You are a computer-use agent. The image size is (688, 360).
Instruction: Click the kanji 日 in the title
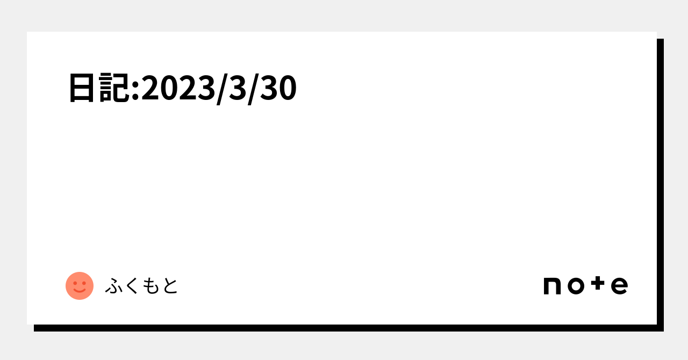pos(81,88)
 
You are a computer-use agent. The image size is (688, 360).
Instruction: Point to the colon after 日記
pos(135,91)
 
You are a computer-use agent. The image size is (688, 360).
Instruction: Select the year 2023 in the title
pos(178,88)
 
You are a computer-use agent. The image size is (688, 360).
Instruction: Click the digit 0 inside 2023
pos(169,88)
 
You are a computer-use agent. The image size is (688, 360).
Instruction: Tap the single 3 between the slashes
pos(238,88)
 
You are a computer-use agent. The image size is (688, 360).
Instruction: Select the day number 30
pos(278,88)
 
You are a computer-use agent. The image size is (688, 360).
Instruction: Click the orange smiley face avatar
pos(80,286)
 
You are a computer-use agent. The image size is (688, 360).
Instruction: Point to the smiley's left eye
pos(75,283)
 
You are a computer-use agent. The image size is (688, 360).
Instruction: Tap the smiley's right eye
pos(84,283)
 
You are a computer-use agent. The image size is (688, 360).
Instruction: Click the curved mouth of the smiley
pos(80,290)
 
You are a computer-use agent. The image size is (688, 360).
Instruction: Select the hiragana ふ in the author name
pos(114,286)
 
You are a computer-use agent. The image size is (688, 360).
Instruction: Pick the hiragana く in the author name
pos(132,286)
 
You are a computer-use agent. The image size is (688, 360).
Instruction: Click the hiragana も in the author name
pos(151,286)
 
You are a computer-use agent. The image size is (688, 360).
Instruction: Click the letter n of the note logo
pos(552,286)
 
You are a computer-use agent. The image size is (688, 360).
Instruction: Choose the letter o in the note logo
pos(576,286)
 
